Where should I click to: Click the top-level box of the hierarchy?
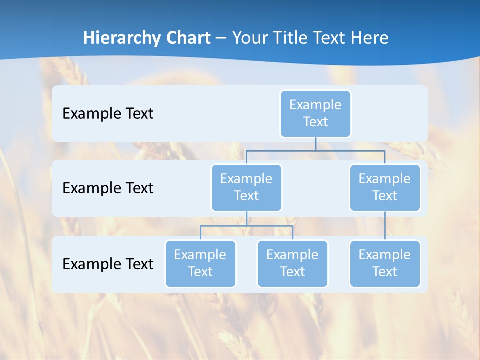click(x=315, y=113)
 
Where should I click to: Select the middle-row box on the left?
click(x=246, y=187)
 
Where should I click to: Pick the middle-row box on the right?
click(x=385, y=187)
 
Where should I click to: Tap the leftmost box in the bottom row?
click(x=200, y=263)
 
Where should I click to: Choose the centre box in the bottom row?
click(x=292, y=263)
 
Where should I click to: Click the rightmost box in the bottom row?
click(x=385, y=263)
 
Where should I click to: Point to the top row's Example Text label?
click(x=108, y=114)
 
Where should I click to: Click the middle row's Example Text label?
click(x=108, y=188)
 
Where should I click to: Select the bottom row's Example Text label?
click(x=108, y=264)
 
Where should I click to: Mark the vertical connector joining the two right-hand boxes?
click(x=385, y=226)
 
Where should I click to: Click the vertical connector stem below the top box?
click(x=315, y=144)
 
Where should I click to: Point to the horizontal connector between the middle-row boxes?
click(x=315, y=150)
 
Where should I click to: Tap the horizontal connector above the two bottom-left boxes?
click(x=246, y=226)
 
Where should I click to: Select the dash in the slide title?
click(x=221, y=38)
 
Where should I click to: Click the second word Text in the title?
click(x=329, y=38)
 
